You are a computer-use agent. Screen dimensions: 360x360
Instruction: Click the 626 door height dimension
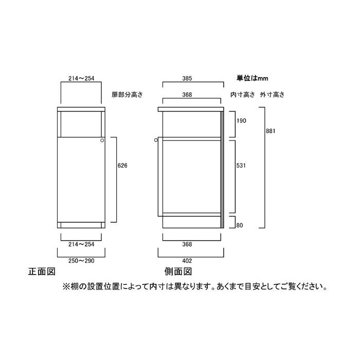pos(122,166)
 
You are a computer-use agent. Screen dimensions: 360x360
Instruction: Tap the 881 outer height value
pos(271,131)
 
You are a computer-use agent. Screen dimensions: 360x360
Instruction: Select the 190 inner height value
pos(241,121)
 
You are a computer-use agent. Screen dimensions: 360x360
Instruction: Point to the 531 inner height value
pos(241,166)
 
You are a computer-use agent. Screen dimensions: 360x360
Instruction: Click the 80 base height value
pos(240,225)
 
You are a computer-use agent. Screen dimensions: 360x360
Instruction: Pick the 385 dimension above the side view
pos(187,78)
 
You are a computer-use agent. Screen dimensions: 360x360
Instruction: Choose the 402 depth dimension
pos(187,261)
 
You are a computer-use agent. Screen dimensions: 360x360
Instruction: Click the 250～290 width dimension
pos(81,261)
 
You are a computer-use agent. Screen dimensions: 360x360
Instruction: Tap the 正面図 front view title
pos(42,272)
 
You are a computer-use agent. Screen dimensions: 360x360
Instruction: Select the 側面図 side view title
pos(178,272)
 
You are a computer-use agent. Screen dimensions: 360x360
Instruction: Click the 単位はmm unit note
pos(253,78)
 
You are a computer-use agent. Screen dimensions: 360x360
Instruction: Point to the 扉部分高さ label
pos(127,95)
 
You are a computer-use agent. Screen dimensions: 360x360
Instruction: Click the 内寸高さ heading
pos(243,95)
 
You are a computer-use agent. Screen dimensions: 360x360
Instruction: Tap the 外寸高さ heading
pos(272,95)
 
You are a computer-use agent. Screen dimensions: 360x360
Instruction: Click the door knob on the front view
pos(102,140)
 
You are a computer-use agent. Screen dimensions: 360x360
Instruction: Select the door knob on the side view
pos(156,140)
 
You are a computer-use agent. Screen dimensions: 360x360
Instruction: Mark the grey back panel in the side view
pos(222,170)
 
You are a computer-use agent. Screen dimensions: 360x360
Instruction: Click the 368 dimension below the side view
pos(187,244)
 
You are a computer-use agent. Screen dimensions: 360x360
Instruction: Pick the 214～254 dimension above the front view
pos(81,78)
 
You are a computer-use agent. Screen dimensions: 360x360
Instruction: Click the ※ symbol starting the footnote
pos(66,287)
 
